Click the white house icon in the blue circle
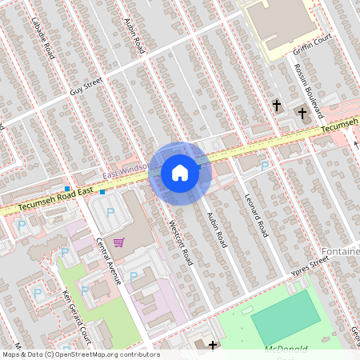(180, 173)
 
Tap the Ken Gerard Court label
(72, 312)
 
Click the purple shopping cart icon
(119, 242)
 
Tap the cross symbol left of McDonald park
(213, 346)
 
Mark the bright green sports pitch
(283, 316)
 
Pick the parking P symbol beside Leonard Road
(265, 165)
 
